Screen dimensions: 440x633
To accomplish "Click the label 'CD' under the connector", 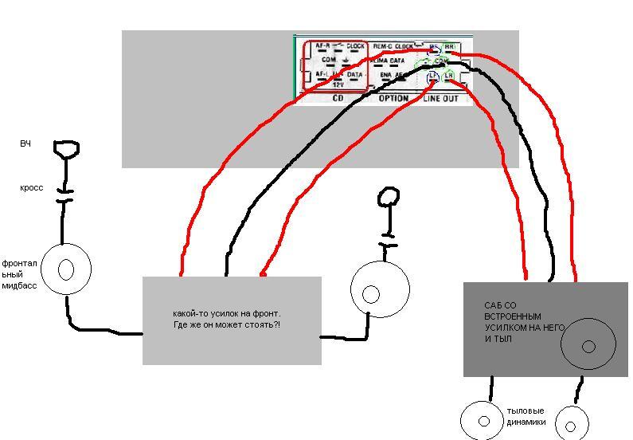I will click(x=337, y=98).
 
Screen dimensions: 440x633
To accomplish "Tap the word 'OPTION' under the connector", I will click(x=393, y=98).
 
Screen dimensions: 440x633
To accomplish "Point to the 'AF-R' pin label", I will click(x=322, y=46).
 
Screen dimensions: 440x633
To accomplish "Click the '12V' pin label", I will click(x=338, y=84).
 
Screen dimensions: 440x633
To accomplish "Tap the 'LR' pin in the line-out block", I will click(x=449, y=76).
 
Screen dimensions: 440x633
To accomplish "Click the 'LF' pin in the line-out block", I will click(x=433, y=76).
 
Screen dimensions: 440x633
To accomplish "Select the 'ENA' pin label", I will click(x=385, y=75).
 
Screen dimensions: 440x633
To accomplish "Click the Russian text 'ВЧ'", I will click(x=25, y=144).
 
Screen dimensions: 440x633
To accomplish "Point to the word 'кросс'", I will click(x=32, y=188).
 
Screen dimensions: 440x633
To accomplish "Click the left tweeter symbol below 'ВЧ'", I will click(x=66, y=149).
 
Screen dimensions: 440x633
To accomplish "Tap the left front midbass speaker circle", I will click(x=65, y=269).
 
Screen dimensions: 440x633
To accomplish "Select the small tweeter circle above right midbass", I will click(x=388, y=196).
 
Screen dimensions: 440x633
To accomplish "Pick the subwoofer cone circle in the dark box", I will click(x=588, y=345).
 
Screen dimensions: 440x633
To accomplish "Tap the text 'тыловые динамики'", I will click(x=526, y=416).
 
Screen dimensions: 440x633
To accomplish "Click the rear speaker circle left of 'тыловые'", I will click(x=483, y=419).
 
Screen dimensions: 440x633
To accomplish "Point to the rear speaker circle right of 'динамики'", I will click(x=570, y=422).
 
